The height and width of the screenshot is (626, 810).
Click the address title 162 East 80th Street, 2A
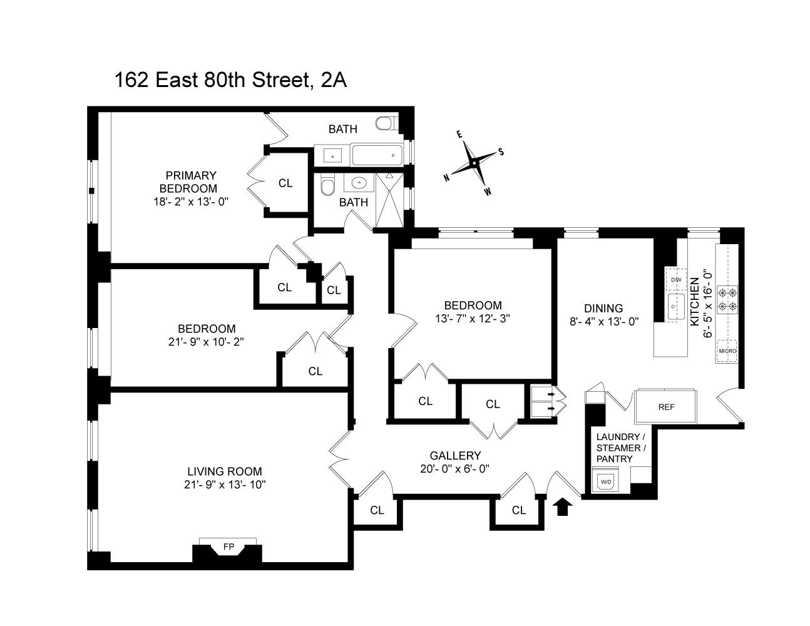230,81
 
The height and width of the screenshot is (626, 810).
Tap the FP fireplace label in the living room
228,547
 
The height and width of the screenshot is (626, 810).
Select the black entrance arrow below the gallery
563,506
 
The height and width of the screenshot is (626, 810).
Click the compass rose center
474,163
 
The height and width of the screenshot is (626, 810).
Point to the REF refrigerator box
666,407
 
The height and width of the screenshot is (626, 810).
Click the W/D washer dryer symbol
605,482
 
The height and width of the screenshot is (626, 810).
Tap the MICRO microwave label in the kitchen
727,351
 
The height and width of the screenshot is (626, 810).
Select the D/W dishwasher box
676,280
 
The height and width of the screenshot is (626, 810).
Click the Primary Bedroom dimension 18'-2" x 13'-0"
191,202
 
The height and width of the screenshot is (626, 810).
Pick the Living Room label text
225,471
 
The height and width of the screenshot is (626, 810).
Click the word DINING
603,308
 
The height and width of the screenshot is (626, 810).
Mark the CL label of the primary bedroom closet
285,183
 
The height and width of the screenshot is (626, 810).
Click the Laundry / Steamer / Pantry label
618,448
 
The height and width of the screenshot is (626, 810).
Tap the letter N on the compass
447,178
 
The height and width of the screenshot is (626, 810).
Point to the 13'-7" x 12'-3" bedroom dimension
473,318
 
